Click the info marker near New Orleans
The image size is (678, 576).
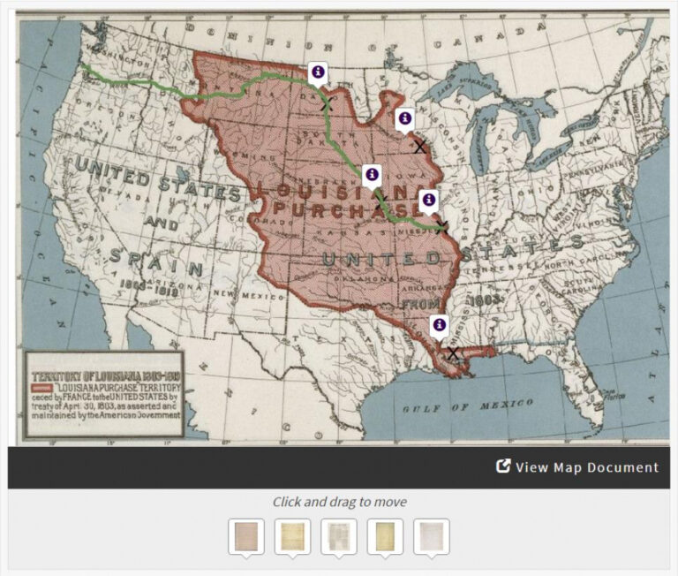439,325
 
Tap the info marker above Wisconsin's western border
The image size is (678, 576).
404,118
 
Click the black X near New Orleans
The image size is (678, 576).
453,353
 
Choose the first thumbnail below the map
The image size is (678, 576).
246,536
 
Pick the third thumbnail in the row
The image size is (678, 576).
339,536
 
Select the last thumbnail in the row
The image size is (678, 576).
432,536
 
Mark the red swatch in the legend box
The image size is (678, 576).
41,386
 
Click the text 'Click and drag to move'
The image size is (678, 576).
339,502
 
